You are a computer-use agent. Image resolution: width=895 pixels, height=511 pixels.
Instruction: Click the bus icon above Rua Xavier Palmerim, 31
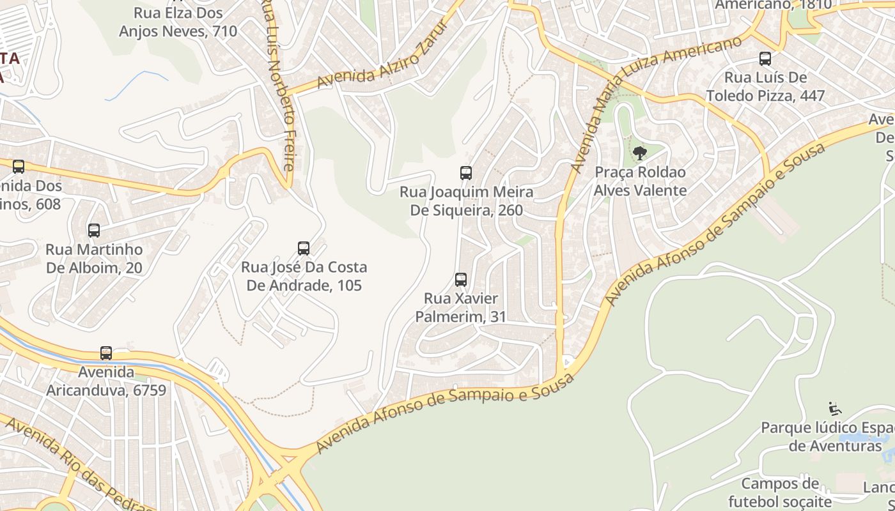click(x=460, y=279)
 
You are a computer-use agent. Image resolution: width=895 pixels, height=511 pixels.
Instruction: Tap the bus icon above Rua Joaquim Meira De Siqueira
click(x=466, y=172)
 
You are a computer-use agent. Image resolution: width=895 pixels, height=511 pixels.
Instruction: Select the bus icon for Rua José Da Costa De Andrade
click(x=304, y=248)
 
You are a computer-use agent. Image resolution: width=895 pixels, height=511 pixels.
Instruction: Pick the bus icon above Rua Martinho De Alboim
click(x=94, y=230)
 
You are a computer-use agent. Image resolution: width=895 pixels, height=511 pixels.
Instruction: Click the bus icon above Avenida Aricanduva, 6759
click(x=106, y=353)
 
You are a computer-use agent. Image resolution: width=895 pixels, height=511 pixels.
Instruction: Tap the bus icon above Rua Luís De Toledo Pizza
click(x=765, y=59)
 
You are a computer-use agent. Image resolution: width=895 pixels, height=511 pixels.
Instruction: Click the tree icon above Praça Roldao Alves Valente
click(x=639, y=153)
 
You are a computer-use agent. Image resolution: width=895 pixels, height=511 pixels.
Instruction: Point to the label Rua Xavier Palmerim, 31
click(x=461, y=307)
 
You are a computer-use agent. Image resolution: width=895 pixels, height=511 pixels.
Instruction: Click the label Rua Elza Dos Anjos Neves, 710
click(x=178, y=22)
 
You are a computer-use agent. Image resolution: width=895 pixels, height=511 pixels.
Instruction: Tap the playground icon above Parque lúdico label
click(x=835, y=409)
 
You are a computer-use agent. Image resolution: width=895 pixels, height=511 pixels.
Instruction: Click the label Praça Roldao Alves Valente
click(x=640, y=181)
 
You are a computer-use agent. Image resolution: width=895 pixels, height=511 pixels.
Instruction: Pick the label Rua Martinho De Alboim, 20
click(x=94, y=258)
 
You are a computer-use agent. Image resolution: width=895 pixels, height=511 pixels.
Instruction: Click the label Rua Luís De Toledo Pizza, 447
click(x=765, y=87)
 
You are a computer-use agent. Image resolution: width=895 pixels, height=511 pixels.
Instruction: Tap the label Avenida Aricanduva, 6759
click(x=106, y=381)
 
